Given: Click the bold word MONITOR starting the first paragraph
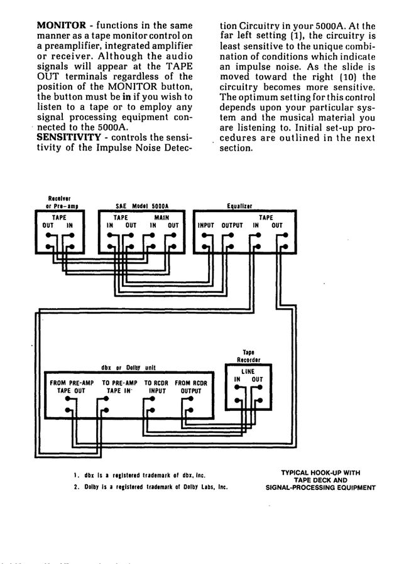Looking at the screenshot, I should coord(61,26).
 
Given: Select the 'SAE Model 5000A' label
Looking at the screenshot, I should coord(143,206).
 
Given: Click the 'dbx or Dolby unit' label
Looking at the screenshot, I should coord(128,367).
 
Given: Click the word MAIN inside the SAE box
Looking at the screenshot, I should coord(161,217).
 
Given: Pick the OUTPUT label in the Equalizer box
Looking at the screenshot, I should coord(232,225).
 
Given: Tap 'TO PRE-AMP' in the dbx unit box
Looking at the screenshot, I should coord(119,382).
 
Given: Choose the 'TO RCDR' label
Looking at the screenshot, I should coord(156,382).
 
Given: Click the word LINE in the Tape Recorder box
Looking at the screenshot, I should coord(249,371).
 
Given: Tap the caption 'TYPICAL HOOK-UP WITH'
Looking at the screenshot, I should coord(320,472).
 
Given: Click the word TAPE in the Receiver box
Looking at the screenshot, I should coord(58,217).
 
